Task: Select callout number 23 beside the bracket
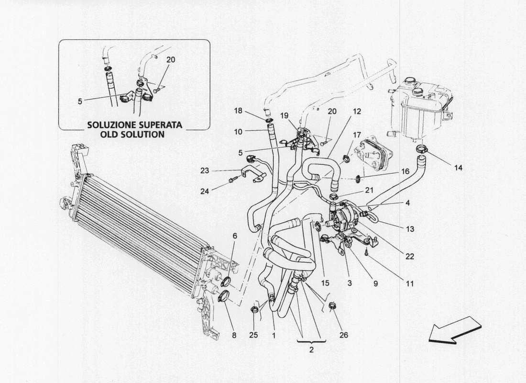205,170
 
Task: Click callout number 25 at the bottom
253,335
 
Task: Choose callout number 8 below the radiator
234,335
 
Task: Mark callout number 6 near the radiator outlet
235,236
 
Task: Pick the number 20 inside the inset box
171,60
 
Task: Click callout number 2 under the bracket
311,350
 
